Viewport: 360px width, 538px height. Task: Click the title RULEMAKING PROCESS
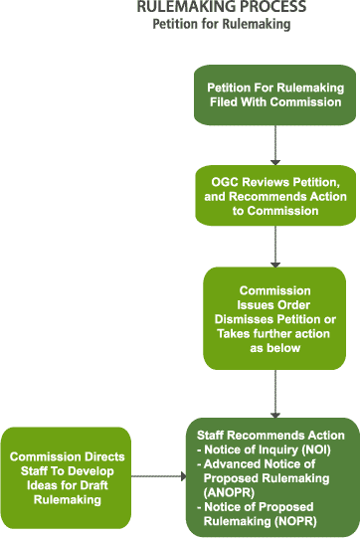(x=221, y=8)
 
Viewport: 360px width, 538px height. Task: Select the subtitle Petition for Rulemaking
(x=221, y=24)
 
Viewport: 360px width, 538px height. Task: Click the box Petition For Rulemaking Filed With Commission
(x=274, y=94)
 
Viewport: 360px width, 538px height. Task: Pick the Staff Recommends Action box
(x=271, y=475)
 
